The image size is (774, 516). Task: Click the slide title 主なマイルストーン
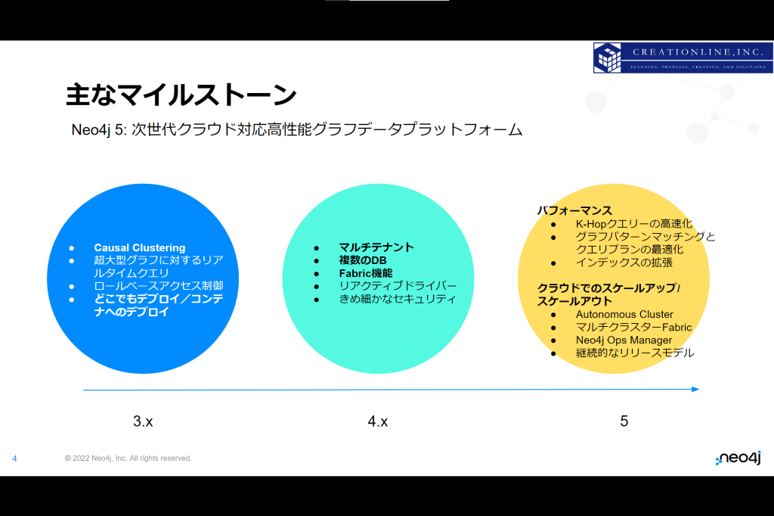[181, 95]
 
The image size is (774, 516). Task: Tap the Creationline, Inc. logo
[683, 58]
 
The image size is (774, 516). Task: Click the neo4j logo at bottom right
[738, 458]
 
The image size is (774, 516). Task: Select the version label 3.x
[143, 421]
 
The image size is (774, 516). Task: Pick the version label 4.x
[378, 421]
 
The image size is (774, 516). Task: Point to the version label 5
[624, 421]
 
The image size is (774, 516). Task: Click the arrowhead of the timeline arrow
[696, 390]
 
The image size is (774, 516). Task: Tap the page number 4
[14, 458]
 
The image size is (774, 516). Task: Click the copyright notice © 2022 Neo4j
[128, 458]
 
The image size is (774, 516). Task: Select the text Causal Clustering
[140, 247]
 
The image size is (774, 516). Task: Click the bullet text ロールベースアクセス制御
[159, 286]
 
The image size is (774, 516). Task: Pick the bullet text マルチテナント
[376, 247]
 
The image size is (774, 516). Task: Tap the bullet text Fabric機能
[366, 273]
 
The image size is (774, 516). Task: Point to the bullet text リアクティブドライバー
[398, 286]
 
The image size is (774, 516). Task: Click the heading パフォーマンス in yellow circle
[574, 210]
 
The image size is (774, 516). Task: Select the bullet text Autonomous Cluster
[624, 314]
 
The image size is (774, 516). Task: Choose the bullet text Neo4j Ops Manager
[624, 340]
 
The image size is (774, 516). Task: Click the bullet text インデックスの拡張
[624, 263]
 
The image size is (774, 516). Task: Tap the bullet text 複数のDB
[363, 260]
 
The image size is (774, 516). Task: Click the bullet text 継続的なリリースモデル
[635, 353]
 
